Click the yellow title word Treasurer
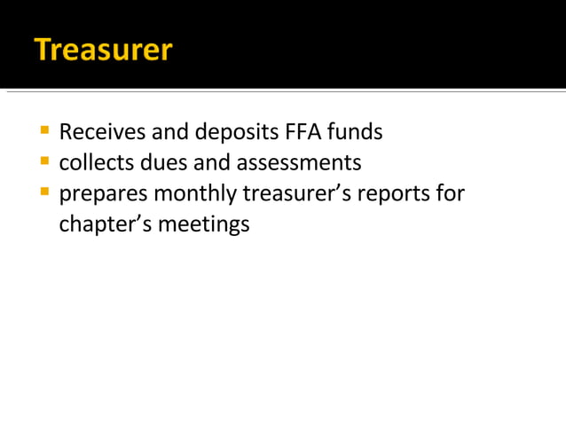103,49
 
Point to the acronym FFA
303,133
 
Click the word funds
355,133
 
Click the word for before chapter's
451,193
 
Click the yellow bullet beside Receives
43,132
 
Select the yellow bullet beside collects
43,162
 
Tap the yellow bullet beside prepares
43,192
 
